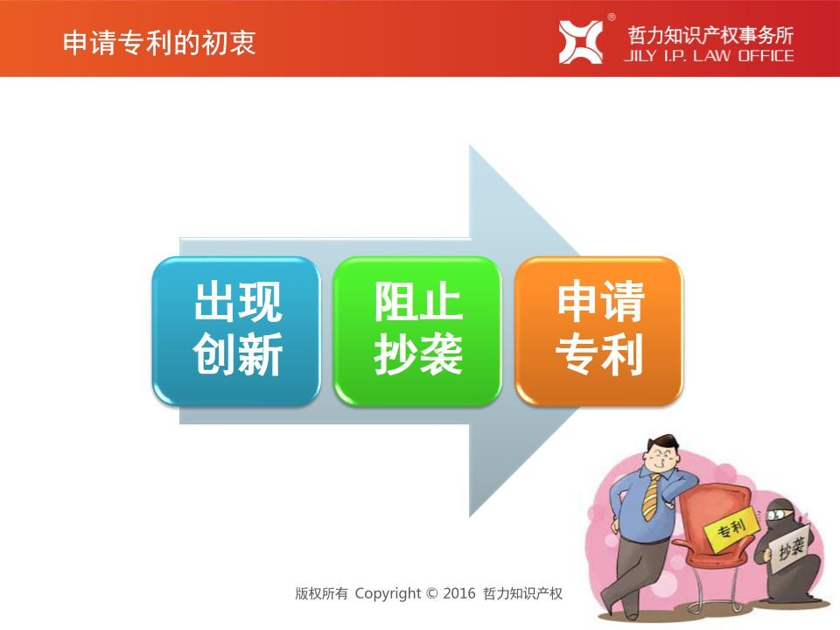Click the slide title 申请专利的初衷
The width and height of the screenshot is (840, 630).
point(159,42)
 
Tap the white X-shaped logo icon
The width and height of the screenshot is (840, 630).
point(580,42)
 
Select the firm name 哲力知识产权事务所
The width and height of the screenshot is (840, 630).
point(710,35)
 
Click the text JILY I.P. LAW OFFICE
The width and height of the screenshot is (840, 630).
point(709,56)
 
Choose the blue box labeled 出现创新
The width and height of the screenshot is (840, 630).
point(236,331)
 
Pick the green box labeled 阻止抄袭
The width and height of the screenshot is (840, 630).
point(417,331)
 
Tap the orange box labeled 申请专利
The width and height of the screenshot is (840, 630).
point(598,331)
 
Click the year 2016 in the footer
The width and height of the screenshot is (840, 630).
point(459,593)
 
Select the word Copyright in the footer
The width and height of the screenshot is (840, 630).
point(388,593)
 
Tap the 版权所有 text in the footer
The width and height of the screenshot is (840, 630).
point(321,593)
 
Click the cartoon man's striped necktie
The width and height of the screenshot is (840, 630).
point(651,497)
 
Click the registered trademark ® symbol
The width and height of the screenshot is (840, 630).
point(612,17)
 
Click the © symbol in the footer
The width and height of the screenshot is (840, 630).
point(431,593)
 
